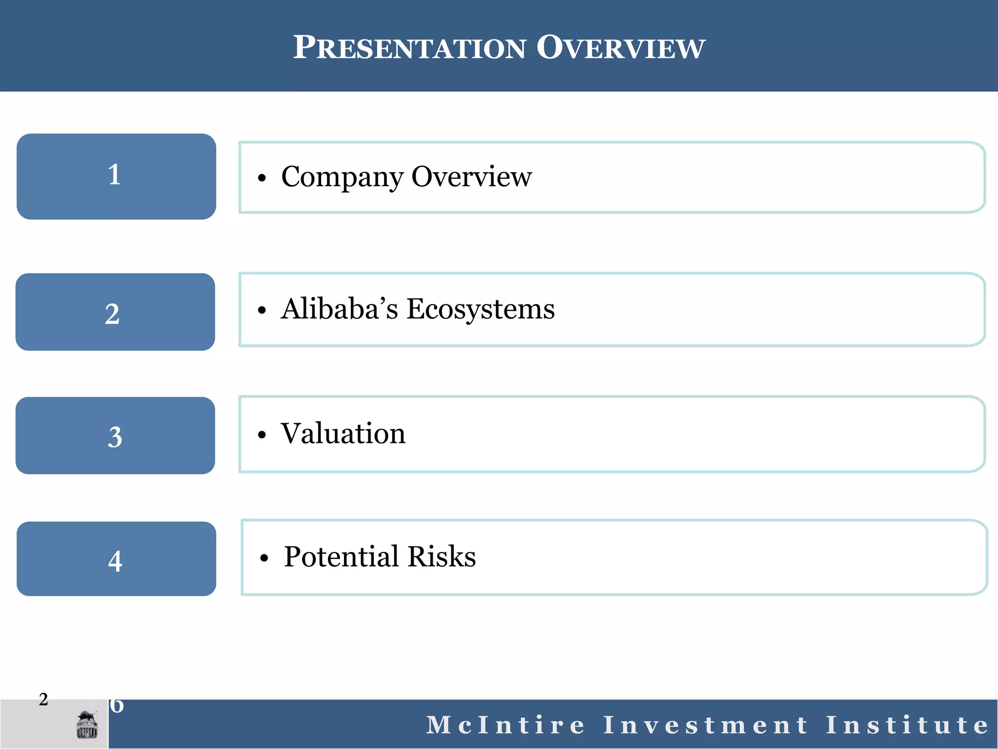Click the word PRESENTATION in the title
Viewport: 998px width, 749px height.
point(409,48)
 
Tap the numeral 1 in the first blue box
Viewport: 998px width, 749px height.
point(115,175)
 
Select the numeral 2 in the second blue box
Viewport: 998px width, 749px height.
point(113,314)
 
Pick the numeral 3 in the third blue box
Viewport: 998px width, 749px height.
point(115,437)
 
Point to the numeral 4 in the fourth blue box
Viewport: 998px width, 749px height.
point(115,561)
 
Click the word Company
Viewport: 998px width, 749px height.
point(342,177)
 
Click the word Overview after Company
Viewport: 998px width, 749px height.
point(471,177)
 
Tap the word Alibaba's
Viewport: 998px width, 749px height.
point(340,309)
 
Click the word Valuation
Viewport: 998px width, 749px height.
point(343,433)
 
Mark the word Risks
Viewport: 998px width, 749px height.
point(441,556)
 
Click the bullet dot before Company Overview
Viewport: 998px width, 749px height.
point(262,178)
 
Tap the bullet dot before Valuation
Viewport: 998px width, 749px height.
point(262,435)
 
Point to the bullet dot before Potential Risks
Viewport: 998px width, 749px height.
point(264,558)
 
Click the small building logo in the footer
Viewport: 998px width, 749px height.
point(87,725)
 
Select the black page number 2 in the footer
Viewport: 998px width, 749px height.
point(43,699)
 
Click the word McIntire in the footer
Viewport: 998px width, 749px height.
point(505,725)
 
